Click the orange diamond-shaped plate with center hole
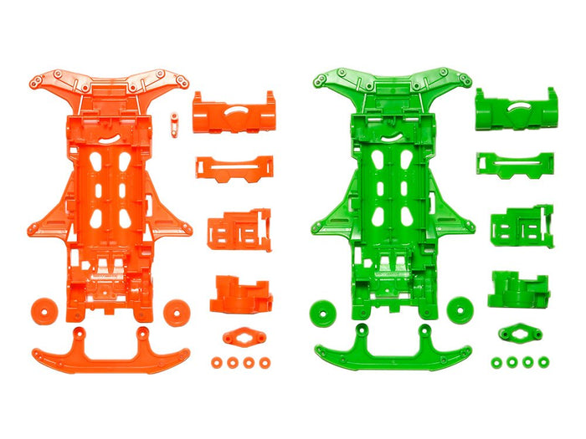(244, 337)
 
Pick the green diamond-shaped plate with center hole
(520, 334)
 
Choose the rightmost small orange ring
(265, 363)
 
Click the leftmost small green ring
(497, 362)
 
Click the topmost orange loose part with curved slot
(234, 112)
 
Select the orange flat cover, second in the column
(234, 169)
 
